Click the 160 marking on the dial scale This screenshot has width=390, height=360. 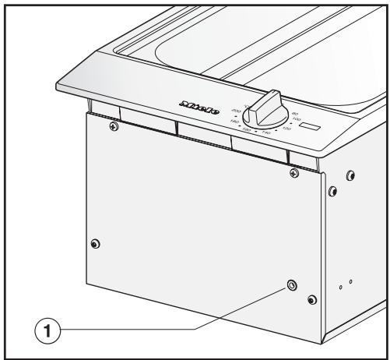247,129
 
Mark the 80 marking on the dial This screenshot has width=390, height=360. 293,113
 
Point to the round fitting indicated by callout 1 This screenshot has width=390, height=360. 292,286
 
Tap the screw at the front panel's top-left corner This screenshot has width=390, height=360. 114,125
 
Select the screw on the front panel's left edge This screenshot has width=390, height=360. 95,243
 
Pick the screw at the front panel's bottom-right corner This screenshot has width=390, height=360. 312,300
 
